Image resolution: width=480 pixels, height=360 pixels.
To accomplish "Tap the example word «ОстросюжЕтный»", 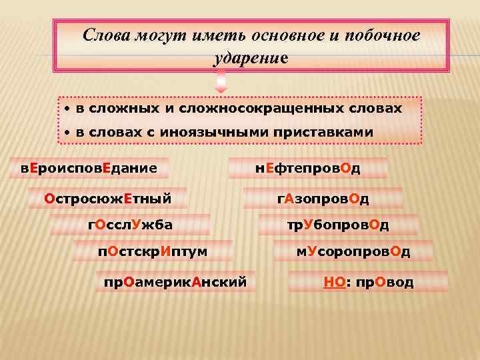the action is click(x=107, y=198).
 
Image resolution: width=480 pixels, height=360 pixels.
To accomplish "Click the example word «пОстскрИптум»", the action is click(x=153, y=251).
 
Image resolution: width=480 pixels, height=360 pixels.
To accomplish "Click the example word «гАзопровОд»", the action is click(x=323, y=199).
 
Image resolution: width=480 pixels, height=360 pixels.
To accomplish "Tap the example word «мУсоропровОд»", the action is click(x=353, y=251).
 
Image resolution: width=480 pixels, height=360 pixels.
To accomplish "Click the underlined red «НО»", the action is click(x=334, y=282).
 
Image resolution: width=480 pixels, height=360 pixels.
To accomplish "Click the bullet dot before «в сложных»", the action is click(x=67, y=109).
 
